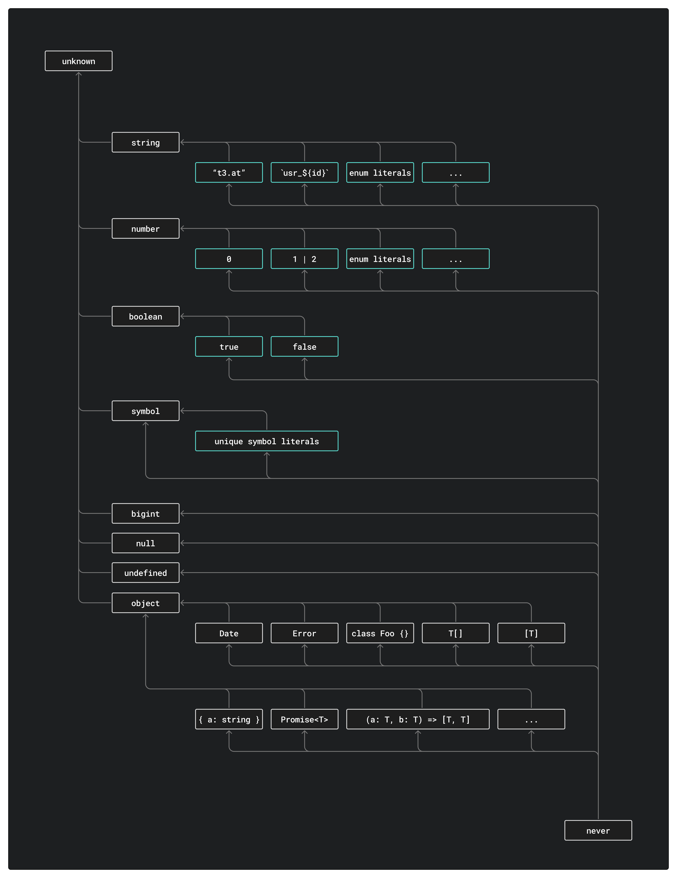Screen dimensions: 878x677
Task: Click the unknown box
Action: tap(78, 61)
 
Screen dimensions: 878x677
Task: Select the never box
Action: tap(598, 831)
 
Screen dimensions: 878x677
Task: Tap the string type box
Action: tap(145, 142)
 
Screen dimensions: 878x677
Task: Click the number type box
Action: tap(145, 228)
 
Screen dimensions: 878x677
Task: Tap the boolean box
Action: tap(145, 316)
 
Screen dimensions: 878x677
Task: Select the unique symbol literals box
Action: tap(266, 441)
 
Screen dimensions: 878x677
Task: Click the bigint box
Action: tap(145, 513)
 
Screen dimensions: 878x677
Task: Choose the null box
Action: tap(145, 543)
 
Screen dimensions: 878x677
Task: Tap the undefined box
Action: tap(145, 572)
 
